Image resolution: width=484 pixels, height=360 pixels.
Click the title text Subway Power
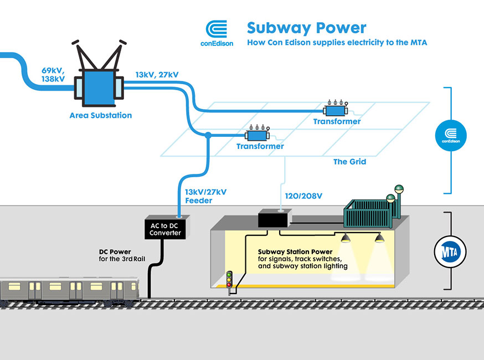click(306, 27)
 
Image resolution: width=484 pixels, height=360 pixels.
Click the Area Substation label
click(101, 116)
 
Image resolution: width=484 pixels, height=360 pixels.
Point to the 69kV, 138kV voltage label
click(53, 75)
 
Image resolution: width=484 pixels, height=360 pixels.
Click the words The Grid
click(349, 162)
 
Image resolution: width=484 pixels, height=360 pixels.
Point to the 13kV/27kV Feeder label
click(205, 196)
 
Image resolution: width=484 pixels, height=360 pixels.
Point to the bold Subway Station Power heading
click(295, 253)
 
